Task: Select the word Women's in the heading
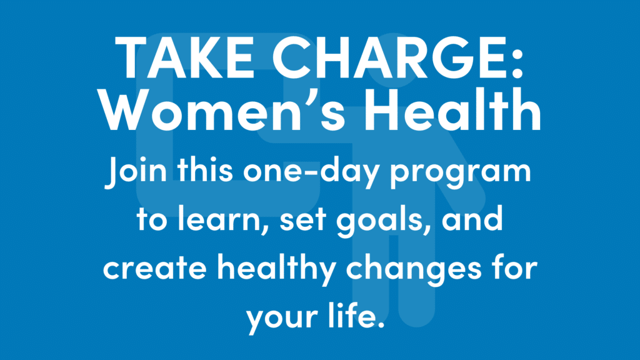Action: tap(222, 109)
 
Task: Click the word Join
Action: tap(136, 171)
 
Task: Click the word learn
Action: tap(224, 218)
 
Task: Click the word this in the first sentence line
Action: tap(205, 171)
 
